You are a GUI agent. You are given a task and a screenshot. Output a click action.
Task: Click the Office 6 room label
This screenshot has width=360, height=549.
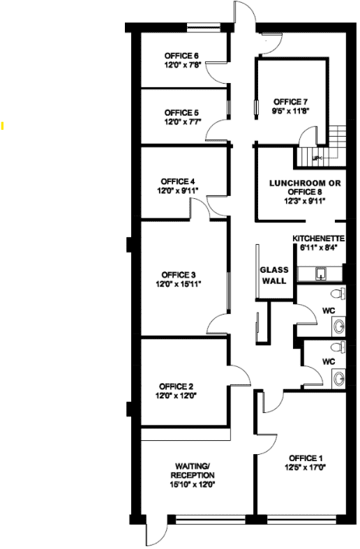[x=181, y=56]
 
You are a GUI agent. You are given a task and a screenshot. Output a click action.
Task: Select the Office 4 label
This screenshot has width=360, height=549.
[x=177, y=181]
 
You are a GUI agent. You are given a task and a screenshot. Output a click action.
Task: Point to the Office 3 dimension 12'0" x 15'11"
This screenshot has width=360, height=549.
[x=179, y=284]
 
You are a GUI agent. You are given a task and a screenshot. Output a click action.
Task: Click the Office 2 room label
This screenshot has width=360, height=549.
[x=176, y=386]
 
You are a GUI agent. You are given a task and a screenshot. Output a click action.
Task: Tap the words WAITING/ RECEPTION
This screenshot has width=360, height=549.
[x=193, y=471]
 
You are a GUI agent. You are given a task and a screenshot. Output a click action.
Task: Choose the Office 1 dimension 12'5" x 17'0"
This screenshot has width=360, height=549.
[x=306, y=467]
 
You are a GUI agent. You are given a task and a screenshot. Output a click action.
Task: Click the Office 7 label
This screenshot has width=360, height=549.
[x=291, y=102]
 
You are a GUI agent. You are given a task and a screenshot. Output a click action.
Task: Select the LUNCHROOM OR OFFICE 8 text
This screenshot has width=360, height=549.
[x=305, y=188]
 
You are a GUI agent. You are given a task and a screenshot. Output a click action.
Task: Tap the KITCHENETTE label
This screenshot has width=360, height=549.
[x=319, y=239]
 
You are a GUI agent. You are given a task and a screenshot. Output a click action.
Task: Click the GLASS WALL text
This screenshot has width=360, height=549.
[x=274, y=276]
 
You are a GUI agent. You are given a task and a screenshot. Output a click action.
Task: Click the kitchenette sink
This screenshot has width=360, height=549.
[x=320, y=274]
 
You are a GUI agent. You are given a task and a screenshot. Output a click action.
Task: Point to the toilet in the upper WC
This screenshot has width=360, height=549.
[x=338, y=294]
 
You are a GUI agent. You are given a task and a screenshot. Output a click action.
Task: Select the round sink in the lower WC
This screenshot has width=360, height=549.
[x=338, y=379]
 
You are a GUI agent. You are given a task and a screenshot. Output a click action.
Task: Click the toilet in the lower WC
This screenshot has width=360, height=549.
[x=338, y=347]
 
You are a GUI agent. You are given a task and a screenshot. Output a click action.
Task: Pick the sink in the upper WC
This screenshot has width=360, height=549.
[x=338, y=326]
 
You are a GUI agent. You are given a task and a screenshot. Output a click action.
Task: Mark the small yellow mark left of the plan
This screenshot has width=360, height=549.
[x=3, y=126]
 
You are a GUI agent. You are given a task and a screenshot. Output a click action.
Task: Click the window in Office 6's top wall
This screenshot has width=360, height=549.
[x=204, y=26]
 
